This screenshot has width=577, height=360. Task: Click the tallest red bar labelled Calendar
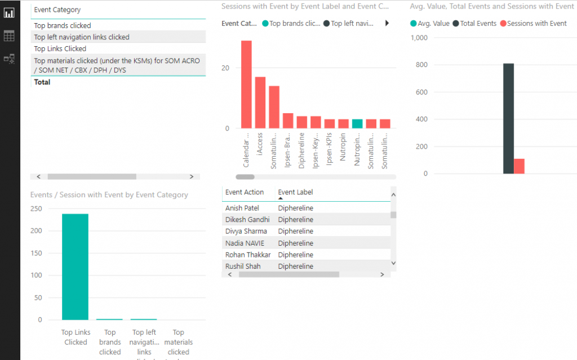point(246,85)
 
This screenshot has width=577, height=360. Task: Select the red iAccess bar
point(260,103)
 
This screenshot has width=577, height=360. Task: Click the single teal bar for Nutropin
point(357,124)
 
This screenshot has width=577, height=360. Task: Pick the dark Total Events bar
point(508,118)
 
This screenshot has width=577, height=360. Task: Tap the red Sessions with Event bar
point(519,166)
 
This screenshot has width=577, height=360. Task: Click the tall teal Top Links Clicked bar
point(75,266)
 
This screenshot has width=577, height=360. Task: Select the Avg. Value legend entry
point(430,24)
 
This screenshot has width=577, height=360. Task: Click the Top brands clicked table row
point(63,25)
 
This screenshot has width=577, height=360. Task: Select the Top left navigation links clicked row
point(82,37)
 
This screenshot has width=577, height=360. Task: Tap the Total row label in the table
point(42,82)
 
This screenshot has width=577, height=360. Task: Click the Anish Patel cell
point(242,208)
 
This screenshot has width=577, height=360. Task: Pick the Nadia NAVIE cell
point(245,243)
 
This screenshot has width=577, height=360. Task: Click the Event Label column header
point(295,192)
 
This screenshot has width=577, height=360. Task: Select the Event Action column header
point(245,192)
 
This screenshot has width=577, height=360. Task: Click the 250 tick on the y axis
point(36,208)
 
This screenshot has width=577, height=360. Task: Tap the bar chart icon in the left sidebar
point(9,12)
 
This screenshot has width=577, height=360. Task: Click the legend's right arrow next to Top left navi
point(387,24)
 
